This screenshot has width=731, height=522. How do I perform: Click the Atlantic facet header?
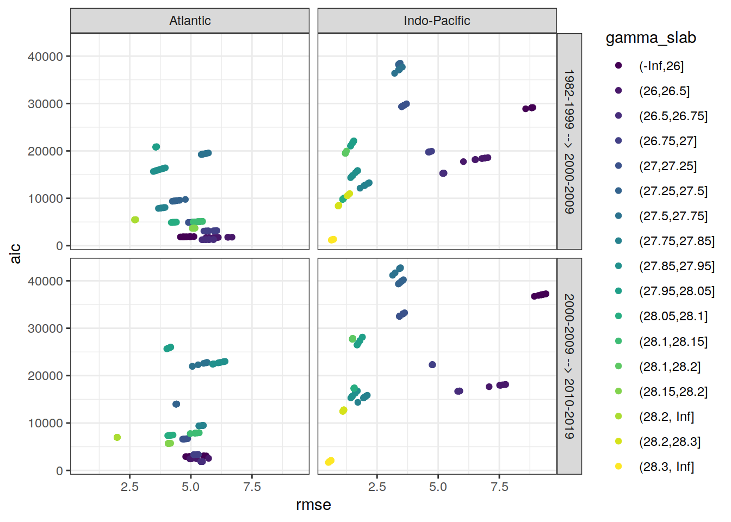tap(190, 21)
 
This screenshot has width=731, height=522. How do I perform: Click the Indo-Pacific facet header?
tap(437, 21)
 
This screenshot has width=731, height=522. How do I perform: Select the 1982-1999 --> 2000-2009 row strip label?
tap(569, 141)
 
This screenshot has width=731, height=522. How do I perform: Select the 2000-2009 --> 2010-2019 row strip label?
tap(569, 366)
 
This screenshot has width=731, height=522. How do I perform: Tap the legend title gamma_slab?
tap(651, 38)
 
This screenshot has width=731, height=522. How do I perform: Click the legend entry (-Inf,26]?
tap(661, 66)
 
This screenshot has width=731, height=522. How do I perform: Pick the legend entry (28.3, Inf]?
tap(666, 467)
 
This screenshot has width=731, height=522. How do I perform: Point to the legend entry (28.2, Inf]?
tap(666, 417)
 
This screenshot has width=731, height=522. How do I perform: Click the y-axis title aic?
tap(15, 253)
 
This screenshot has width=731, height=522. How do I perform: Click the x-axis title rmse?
tap(313, 505)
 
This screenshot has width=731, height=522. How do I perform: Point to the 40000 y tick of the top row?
tap(45, 57)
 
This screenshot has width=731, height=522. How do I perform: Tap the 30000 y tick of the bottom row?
tap(45, 328)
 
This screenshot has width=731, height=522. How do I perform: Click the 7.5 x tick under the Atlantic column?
tap(252, 487)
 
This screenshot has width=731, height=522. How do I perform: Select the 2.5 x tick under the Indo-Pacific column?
tap(377, 487)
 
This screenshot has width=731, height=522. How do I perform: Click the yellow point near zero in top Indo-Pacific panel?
tap(332, 240)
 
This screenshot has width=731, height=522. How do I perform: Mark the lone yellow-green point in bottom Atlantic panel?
tap(117, 437)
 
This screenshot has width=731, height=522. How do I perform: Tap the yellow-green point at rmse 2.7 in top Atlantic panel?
tap(135, 220)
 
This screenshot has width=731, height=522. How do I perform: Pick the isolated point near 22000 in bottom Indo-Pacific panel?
tap(432, 365)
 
